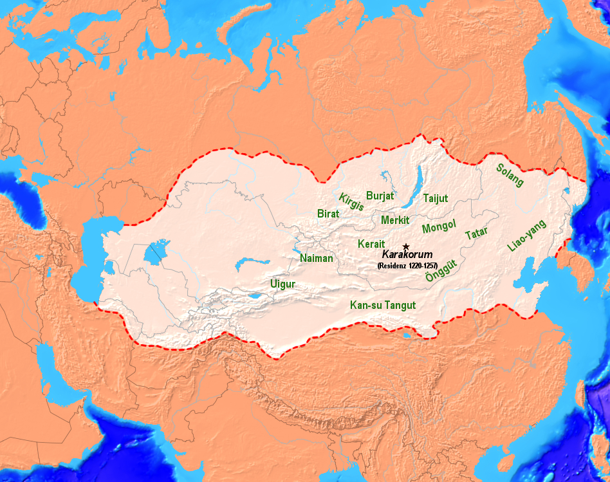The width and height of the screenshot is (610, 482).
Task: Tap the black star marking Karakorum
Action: tap(405, 246)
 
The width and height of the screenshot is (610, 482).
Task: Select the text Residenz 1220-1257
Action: tap(407, 265)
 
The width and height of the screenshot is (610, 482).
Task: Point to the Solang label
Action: tap(510, 174)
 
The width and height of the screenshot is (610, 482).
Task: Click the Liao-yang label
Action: tap(526, 236)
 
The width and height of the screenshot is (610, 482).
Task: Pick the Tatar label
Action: tap(476, 234)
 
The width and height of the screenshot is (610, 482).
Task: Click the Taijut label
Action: tap(435, 199)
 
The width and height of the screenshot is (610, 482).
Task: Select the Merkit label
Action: tap(395, 220)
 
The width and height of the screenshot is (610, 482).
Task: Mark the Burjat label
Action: tap(380, 195)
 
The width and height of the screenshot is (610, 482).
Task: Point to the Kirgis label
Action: tap(351, 201)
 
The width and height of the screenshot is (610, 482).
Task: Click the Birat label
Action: tap(328, 213)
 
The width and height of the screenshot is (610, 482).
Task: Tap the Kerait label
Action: tap(371, 244)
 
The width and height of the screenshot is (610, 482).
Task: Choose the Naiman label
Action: tap(317, 258)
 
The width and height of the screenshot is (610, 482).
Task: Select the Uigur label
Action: tap(283, 283)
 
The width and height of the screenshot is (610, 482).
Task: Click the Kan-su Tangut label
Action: tap(382, 305)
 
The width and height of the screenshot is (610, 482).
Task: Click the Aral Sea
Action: tap(154, 253)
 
